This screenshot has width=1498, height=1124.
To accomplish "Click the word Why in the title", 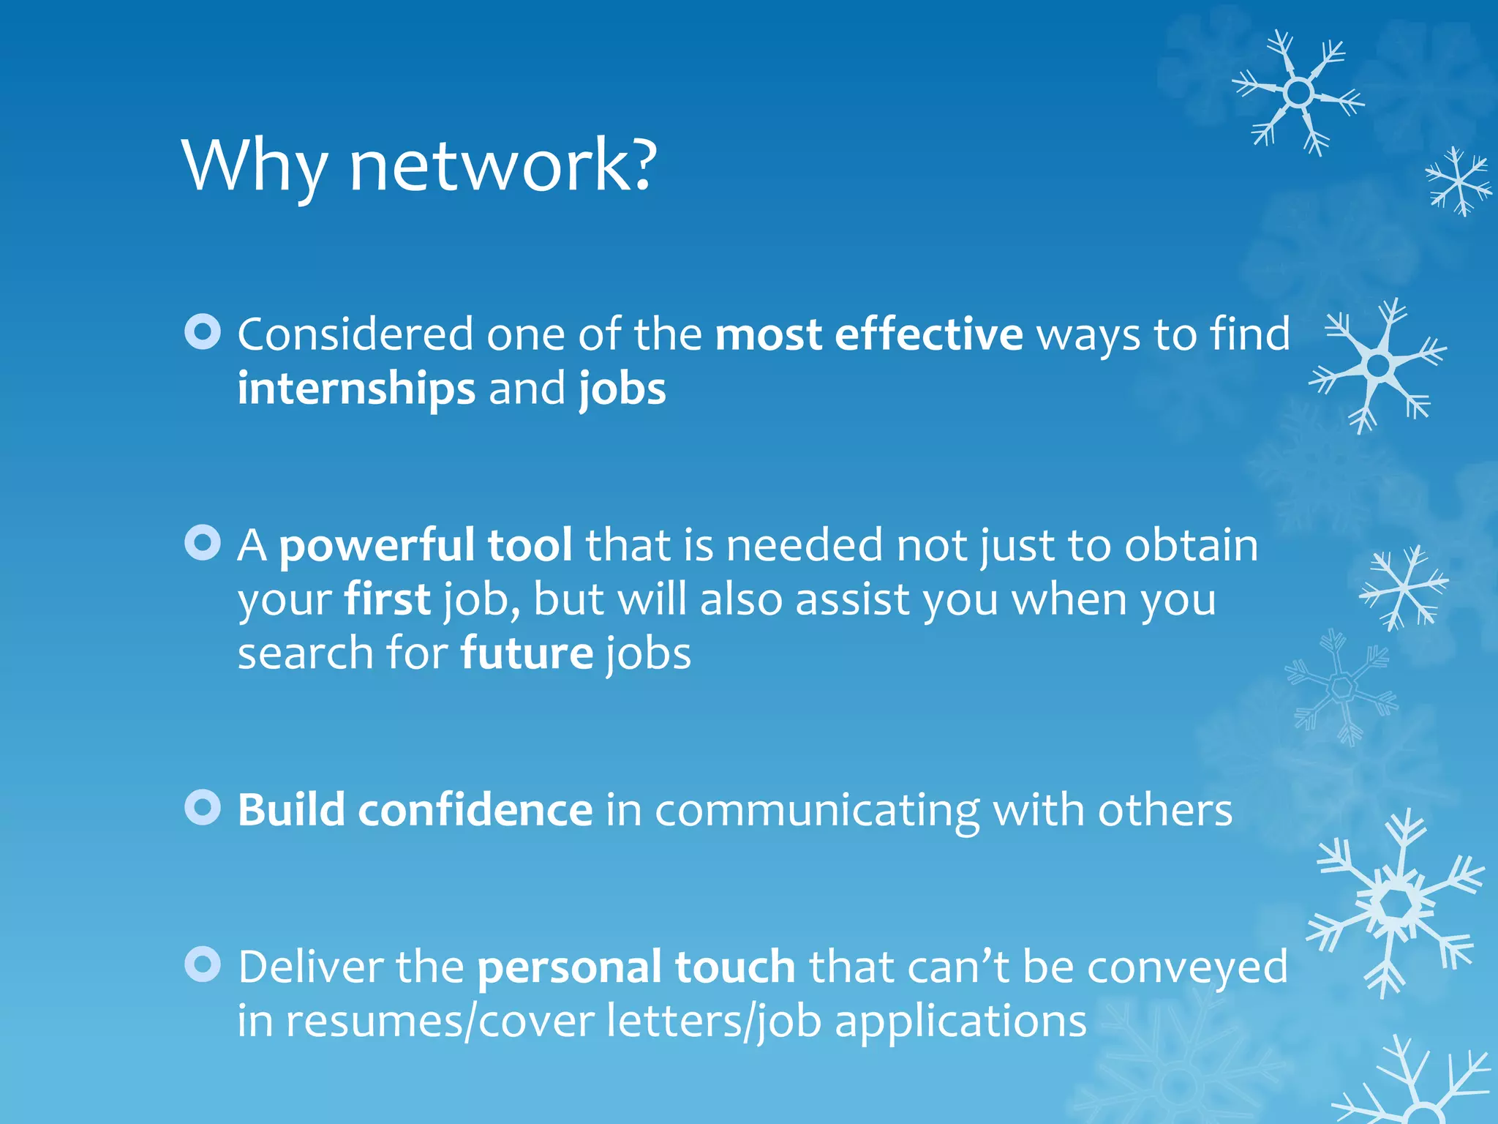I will pos(254,166).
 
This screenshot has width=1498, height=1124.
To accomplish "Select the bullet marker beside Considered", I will pos(203,331).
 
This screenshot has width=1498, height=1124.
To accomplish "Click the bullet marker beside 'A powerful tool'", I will pos(203,543).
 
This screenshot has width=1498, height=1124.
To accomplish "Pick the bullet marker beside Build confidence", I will pos(203,807).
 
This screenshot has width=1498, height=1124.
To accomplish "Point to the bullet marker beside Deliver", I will pos(203,964).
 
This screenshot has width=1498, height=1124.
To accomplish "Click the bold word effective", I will pos(928,334).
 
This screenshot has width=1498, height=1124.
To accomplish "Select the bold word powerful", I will pos(376,546).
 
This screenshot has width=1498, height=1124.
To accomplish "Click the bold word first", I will pos(387,599).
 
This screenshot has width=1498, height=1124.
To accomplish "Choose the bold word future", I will pos(527,653).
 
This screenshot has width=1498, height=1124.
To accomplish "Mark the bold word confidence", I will pos(475,810).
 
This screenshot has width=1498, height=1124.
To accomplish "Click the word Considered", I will pos(355,334).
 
